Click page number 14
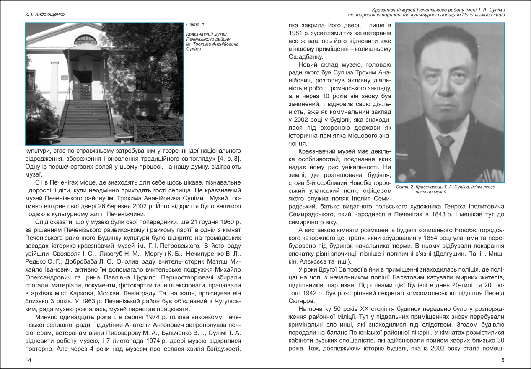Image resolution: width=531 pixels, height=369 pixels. click(x=28, y=360)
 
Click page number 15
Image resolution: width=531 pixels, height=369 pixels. click(x=501, y=360)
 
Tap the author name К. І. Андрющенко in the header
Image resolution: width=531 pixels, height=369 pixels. click(x=44, y=15)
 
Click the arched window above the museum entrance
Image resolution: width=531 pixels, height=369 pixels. click(x=85, y=39)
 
